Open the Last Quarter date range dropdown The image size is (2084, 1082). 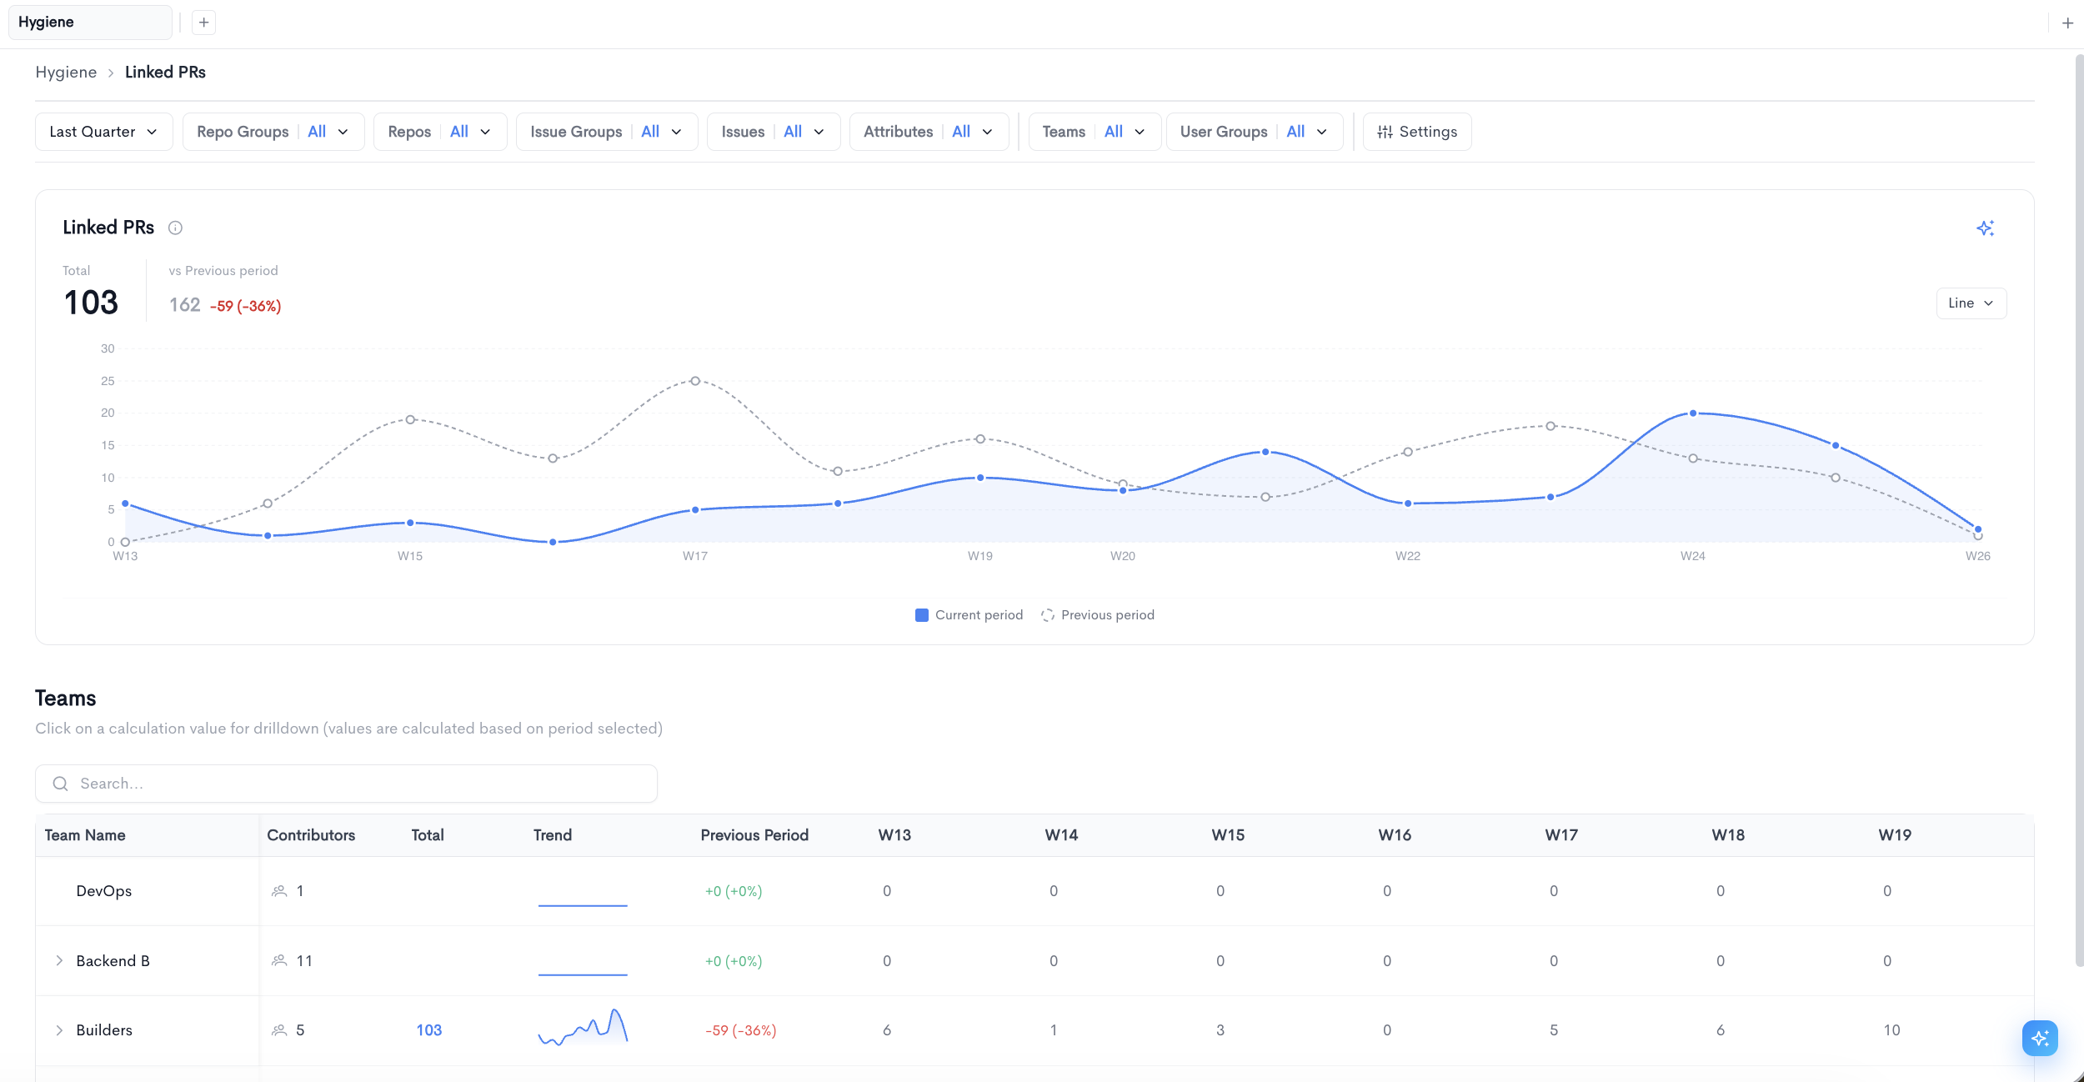(x=103, y=132)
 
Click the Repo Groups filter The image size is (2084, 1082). (x=273, y=132)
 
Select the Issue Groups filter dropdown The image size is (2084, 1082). (x=607, y=132)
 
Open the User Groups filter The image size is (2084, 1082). (x=1255, y=132)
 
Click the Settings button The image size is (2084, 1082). (x=1417, y=132)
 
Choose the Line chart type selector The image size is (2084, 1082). (x=1971, y=303)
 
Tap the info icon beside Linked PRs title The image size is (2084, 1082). (x=175, y=228)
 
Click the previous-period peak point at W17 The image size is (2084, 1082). (x=695, y=381)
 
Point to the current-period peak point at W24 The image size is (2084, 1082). (x=1693, y=413)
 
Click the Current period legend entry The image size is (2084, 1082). (x=969, y=615)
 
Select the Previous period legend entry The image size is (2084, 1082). (x=1098, y=615)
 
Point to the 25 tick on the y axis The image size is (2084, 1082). (x=108, y=381)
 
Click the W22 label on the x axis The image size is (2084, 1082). (x=1408, y=556)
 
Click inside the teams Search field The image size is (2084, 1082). (x=346, y=784)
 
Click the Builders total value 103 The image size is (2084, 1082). (x=429, y=1030)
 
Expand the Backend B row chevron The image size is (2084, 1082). (x=59, y=961)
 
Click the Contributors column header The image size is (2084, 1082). (x=311, y=835)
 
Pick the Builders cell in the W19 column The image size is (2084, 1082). (x=1891, y=1030)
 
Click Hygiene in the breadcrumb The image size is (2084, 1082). (x=66, y=73)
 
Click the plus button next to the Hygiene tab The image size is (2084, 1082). (x=203, y=23)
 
